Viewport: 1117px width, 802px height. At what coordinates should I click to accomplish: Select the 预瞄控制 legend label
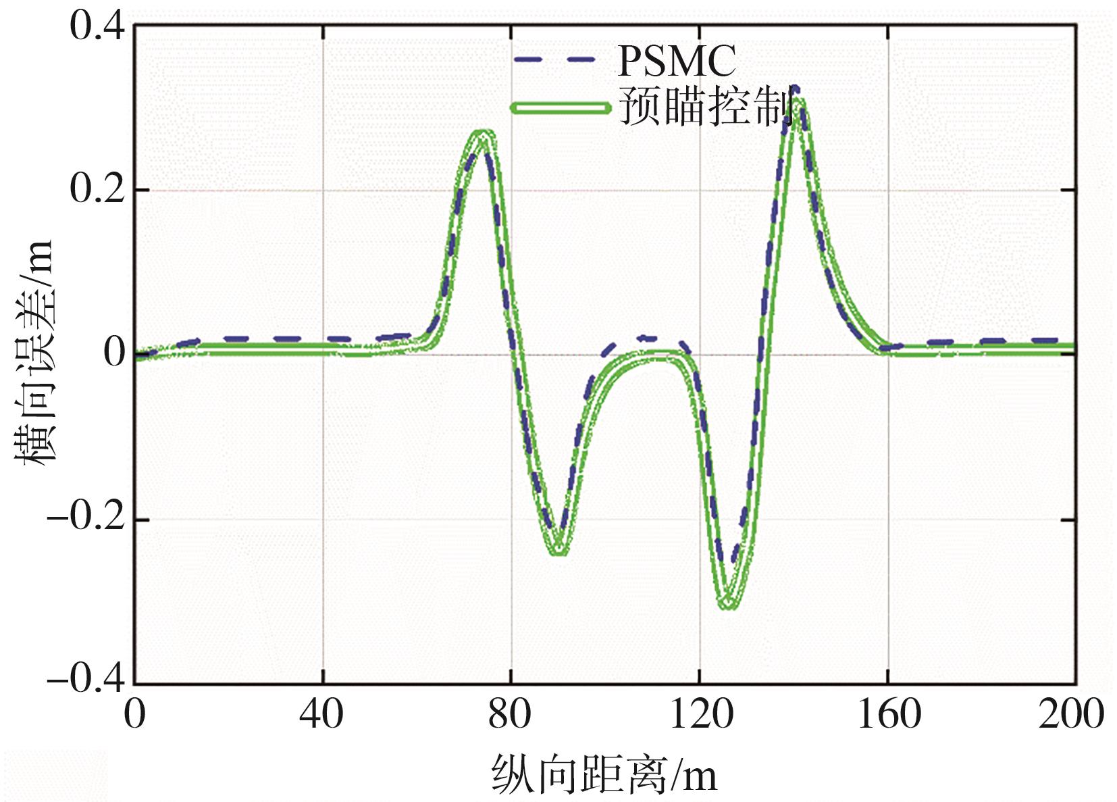coord(706,107)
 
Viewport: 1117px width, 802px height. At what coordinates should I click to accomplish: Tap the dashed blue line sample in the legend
coord(554,59)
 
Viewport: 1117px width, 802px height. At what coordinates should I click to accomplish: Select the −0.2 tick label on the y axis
coord(86,519)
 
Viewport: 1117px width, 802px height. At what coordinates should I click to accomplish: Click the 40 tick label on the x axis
coord(321,713)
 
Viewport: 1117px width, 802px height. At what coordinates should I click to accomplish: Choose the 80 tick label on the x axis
coord(510,713)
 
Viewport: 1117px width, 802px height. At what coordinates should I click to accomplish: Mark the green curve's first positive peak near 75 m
coord(482,133)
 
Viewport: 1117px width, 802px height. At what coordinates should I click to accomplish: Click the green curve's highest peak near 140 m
coord(798,101)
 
